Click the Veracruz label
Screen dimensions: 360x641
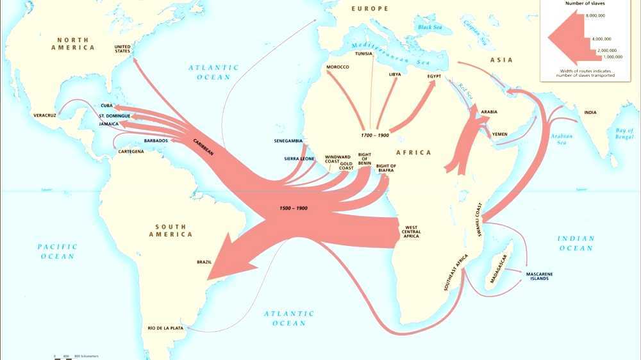pos(44,115)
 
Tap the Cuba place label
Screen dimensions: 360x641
pos(107,106)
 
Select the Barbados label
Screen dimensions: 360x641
pos(156,140)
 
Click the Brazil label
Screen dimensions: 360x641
pos(204,261)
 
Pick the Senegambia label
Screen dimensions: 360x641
pos(288,140)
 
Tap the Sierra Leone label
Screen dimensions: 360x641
pos(299,158)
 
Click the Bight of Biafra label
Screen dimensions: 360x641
pos(386,168)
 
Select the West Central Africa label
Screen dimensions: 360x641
pos(411,232)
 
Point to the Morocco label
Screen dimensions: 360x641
pos(337,67)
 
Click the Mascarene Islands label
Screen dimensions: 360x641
pos(540,276)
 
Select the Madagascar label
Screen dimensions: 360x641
pos(498,268)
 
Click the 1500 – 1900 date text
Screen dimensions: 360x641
pos(294,209)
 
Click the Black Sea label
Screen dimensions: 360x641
pos(430,27)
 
